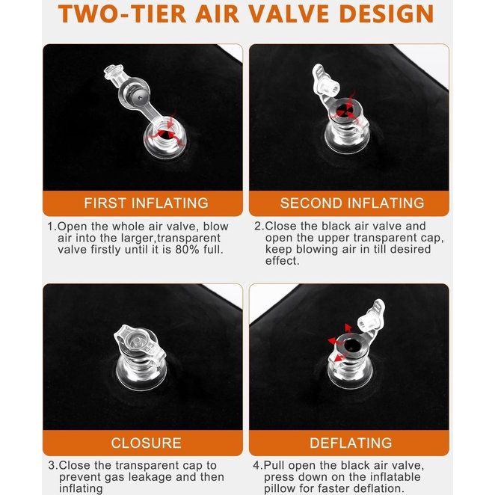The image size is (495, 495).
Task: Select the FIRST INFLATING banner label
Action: [x=146, y=203]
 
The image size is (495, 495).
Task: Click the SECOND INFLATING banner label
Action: [x=352, y=203]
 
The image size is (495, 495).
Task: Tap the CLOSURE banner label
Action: [x=146, y=443]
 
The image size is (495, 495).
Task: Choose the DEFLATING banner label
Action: [x=351, y=443]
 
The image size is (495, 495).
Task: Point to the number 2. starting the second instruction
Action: [x=259, y=226]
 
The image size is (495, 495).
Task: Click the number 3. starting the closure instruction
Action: [x=53, y=465]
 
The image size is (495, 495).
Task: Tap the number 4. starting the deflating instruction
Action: [x=258, y=465]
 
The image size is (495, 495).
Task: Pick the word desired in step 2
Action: [x=411, y=249]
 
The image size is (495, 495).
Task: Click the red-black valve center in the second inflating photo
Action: [x=343, y=111]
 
